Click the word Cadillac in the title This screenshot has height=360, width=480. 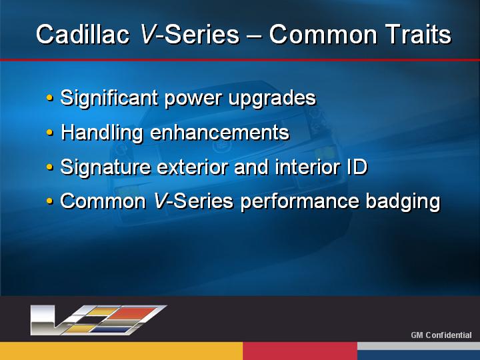point(83,34)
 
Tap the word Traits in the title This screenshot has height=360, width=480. point(418,34)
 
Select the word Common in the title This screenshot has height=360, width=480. point(323,34)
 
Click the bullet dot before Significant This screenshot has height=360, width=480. point(49,98)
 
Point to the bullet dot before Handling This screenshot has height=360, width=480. point(49,133)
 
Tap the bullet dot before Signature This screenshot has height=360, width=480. point(49,167)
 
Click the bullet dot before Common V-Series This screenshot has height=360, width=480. point(49,201)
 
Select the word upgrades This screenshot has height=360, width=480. point(272,99)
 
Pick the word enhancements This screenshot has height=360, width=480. point(220,133)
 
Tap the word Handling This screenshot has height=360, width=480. point(101,133)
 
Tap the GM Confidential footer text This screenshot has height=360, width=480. point(441,335)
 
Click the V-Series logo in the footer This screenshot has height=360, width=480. point(99,319)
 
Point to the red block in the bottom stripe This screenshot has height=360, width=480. point(300,351)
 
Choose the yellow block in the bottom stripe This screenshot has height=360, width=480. point(121,351)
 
